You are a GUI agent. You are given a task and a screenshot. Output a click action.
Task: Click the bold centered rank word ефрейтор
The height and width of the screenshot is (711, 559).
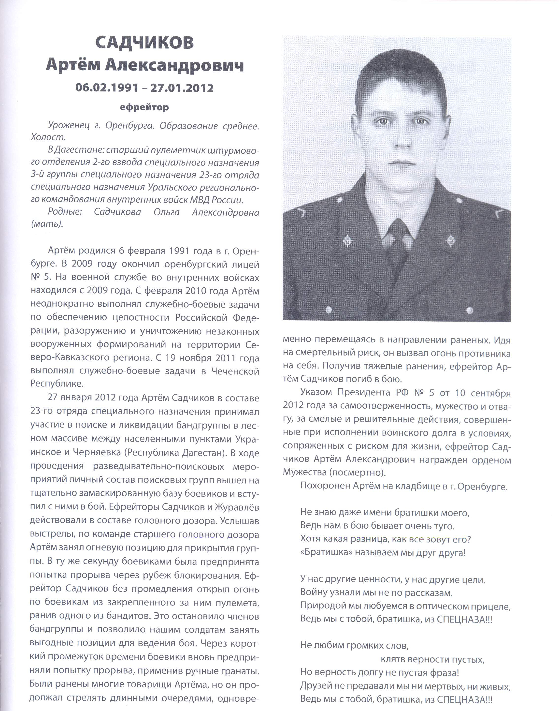pos(144,107)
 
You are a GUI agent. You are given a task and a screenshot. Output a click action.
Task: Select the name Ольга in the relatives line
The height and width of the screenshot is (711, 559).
pos(167,212)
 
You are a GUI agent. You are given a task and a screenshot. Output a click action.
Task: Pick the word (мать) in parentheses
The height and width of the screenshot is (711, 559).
pos(46,224)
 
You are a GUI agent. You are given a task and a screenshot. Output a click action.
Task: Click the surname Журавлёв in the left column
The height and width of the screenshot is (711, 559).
pos(237,507)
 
